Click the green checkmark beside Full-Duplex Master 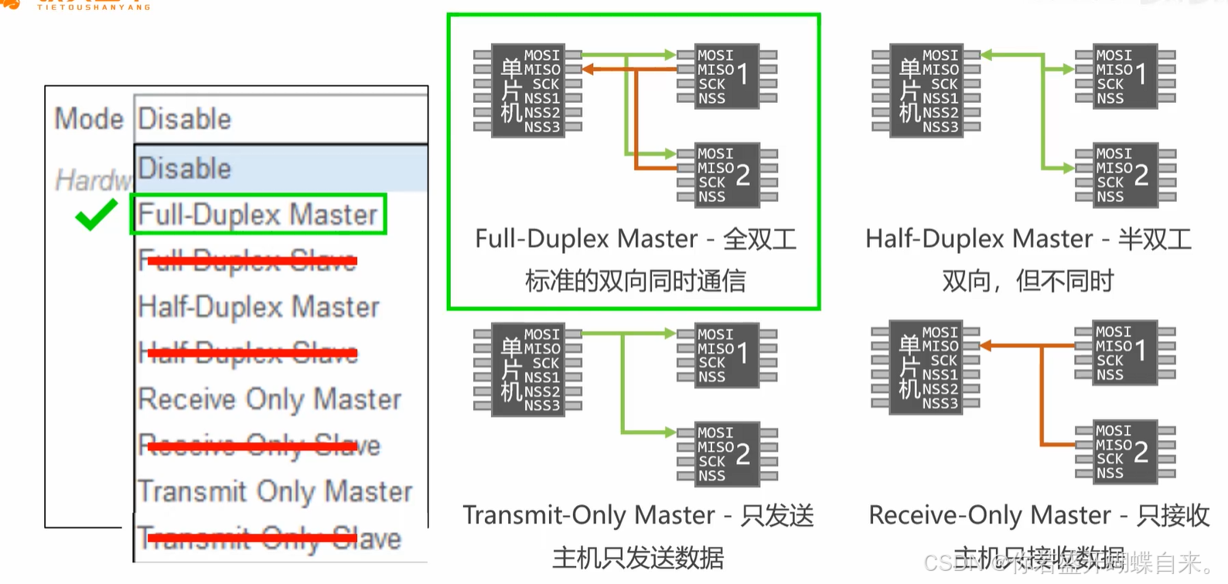click(x=96, y=215)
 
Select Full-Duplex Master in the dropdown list click(x=258, y=215)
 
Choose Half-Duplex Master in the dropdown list click(x=258, y=307)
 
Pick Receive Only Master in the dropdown click(x=269, y=399)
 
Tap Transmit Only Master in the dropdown click(x=275, y=491)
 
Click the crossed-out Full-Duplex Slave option click(x=247, y=261)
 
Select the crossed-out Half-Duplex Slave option click(x=247, y=353)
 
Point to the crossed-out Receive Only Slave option click(x=259, y=446)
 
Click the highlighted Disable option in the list click(x=281, y=169)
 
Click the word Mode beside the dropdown click(x=89, y=119)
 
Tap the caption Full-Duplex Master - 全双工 click(x=635, y=239)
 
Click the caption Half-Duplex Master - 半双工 click(x=1028, y=239)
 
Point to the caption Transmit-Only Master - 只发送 click(x=638, y=515)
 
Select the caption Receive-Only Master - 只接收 click(x=1039, y=515)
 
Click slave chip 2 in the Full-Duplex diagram click(x=726, y=175)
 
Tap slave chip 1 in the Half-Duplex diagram click(x=1124, y=76)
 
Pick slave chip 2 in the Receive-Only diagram click(x=1124, y=452)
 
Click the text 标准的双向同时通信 click(x=635, y=281)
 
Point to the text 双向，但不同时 click(x=1028, y=281)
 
